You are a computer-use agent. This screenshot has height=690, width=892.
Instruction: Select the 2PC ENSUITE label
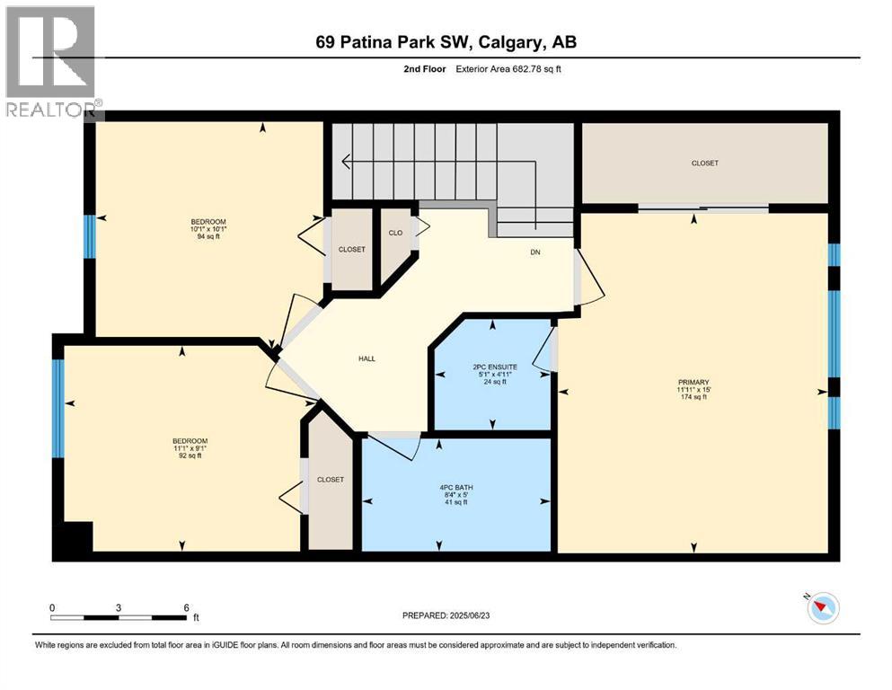coord(494,367)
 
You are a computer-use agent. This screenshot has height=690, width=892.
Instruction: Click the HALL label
coord(367,358)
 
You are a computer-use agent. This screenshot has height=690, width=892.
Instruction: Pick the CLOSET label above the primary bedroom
coord(704,164)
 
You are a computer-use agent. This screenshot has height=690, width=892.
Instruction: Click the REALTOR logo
coord(52,63)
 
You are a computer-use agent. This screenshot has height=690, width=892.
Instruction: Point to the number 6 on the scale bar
coord(186,606)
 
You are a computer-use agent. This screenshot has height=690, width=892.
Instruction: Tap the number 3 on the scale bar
coord(119,606)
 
